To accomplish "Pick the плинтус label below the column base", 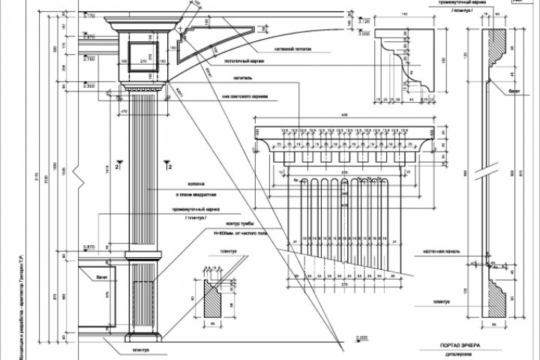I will click(x=141, y=349).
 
